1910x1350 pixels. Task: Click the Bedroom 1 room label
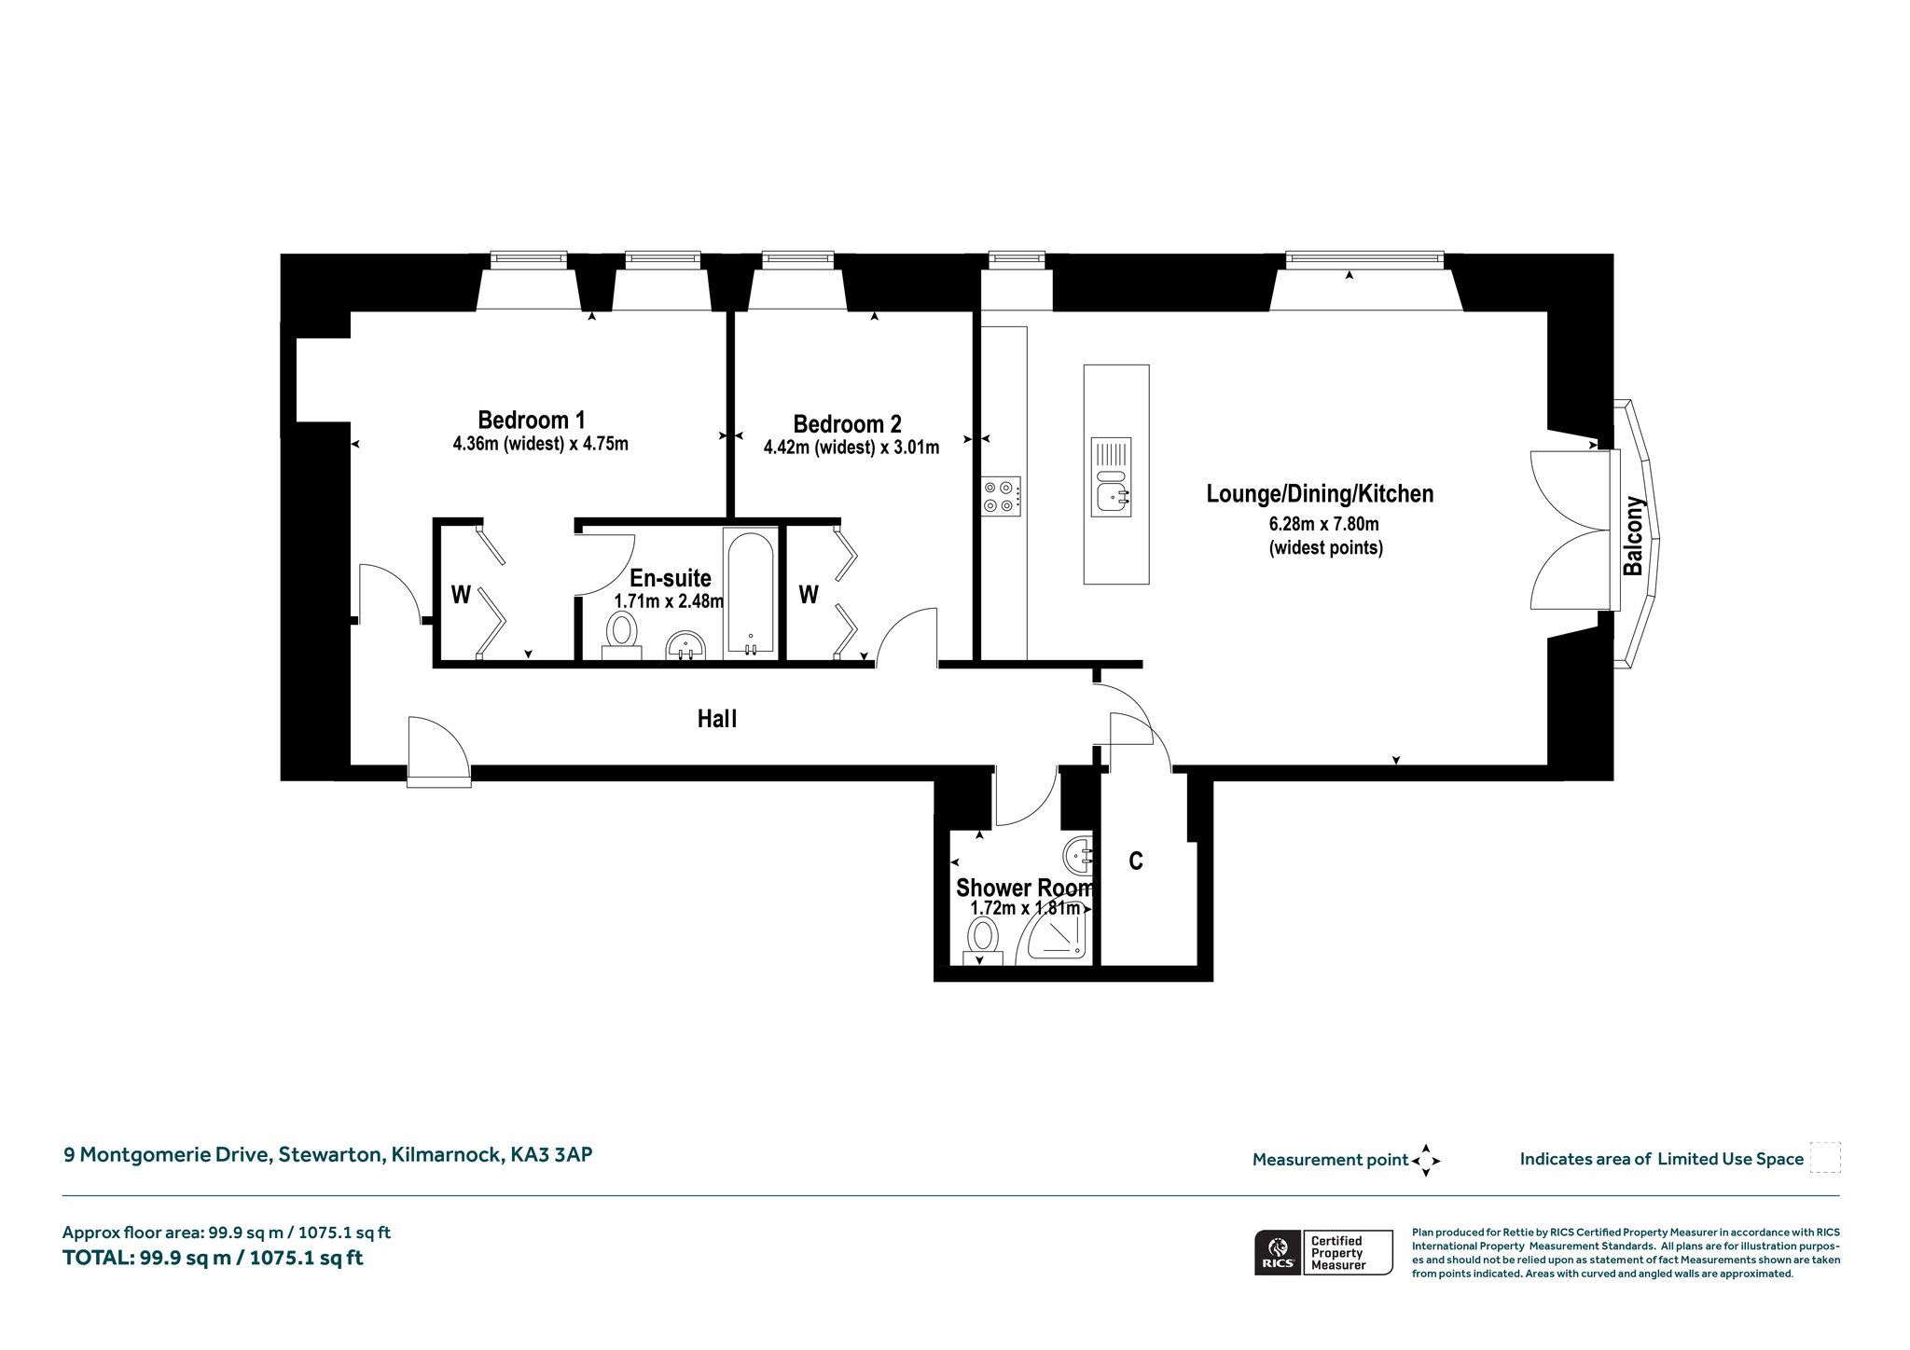(x=532, y=420)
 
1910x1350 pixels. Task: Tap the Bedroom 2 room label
(x=848, y=424)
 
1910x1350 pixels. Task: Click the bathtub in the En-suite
(x=750, y=593)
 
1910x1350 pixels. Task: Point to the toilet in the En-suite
(x=621, y=635)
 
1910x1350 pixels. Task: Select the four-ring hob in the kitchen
(x=1001, y=496)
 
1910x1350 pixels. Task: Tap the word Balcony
(x=1633, y=536)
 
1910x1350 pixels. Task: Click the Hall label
(x=717, y=719)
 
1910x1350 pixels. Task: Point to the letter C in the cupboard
(x=1136, y=861)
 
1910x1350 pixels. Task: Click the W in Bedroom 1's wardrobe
(x=461, y=595)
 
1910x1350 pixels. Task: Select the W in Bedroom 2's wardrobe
(x=809, y=594)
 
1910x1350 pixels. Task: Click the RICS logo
(x=1276, y=1252)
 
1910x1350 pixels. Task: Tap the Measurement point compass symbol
(x=1426, y=1161)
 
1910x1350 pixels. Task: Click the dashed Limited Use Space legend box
(x=1824, y=1157)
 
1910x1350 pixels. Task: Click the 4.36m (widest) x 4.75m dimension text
(x=541, y=444)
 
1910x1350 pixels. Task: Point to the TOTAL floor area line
(x=213, y=1258)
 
